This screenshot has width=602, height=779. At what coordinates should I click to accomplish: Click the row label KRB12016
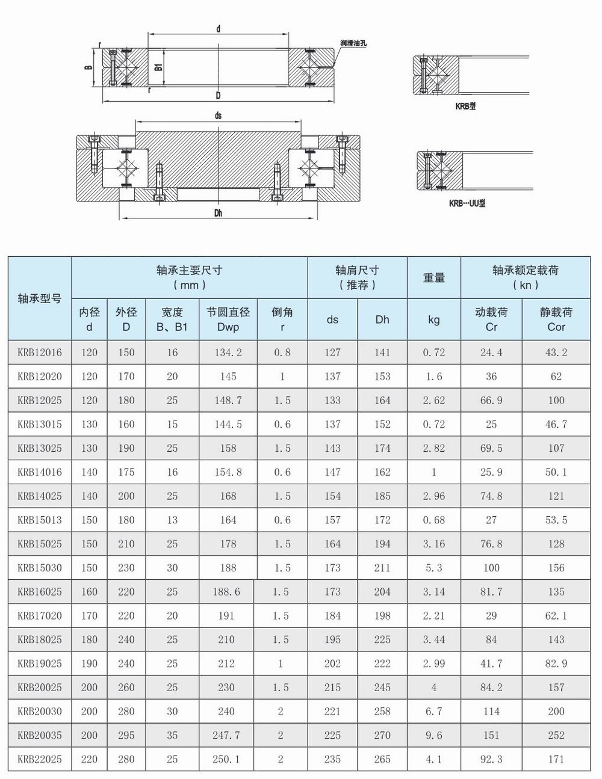40,353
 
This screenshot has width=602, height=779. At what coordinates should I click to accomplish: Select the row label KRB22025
40,759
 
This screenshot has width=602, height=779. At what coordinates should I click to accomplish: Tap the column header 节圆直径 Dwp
228,319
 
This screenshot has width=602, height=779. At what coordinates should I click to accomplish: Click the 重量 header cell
433,277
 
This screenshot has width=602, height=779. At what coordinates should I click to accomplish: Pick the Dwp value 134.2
228,353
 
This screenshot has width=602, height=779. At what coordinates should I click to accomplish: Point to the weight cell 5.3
433,568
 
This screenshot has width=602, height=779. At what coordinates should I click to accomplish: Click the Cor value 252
556,735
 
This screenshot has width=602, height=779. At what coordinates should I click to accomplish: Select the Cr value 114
491,711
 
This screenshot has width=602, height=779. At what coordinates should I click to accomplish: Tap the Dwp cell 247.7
226,735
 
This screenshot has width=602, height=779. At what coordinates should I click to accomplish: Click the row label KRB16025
40,592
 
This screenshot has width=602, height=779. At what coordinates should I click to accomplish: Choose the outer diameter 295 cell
126,735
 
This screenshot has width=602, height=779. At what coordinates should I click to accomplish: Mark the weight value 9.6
433,735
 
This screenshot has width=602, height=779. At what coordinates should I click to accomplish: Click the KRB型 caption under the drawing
465,106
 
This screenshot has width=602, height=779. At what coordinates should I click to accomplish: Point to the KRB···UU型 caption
467,203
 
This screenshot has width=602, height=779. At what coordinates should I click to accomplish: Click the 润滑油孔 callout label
353,44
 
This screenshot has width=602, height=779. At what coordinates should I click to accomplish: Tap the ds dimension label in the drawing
218,115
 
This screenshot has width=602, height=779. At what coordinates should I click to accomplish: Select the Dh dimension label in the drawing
218,213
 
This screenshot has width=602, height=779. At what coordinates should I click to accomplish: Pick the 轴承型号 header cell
40,298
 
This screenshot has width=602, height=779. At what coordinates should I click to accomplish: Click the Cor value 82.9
556,664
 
